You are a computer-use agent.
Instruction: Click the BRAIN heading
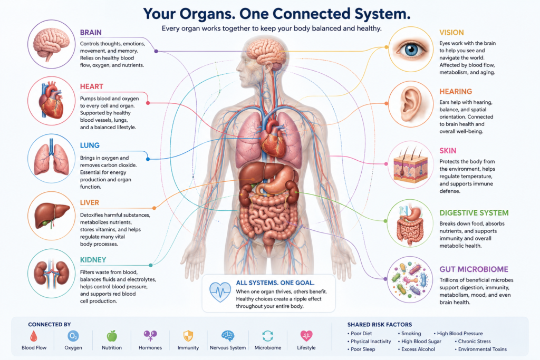click(91, 32)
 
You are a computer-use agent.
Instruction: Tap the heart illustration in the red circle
click(51, 100)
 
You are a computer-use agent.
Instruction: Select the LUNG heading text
click(90, 145)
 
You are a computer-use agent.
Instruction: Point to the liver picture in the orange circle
click(52, 214)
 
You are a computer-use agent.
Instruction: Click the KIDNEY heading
click(93, 260)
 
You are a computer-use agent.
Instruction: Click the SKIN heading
click(448, 151)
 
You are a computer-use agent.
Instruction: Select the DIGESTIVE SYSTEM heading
click(474, 213)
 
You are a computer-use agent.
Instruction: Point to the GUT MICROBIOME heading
click(474, 269)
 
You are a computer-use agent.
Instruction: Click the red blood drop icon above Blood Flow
click(34, 336)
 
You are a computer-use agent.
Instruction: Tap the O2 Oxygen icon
click(73, 336)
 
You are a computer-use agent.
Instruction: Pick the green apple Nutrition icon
click(112, 336)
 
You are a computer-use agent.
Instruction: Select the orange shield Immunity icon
click(188, 336)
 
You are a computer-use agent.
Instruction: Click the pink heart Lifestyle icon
click(306, 336)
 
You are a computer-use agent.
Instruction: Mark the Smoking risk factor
click(411, 334)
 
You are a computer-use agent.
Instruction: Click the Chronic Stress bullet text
click(474, 342)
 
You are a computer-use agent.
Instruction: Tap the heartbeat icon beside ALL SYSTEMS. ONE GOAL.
click(220, 292)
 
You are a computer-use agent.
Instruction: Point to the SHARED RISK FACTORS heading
click(380, 325)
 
